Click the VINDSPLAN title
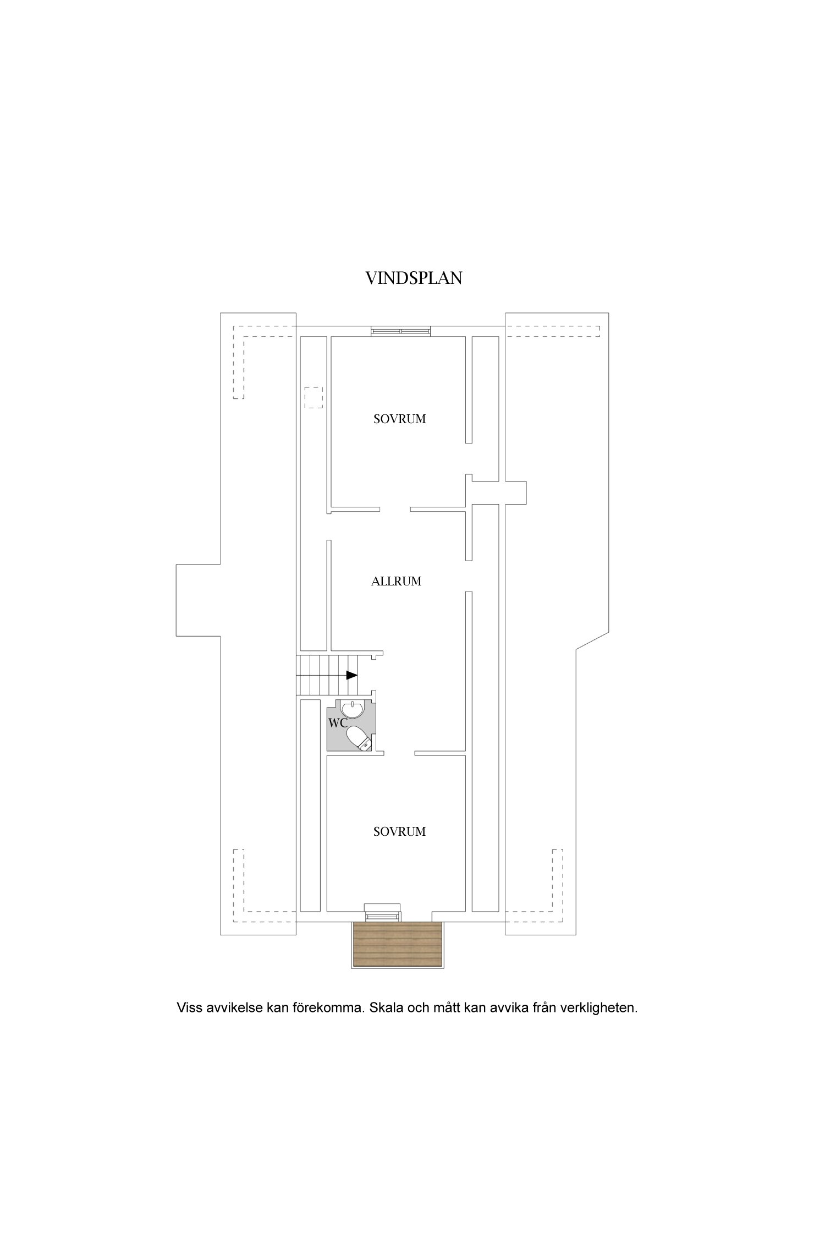[x=414, y=278]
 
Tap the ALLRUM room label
[x=396, y=582]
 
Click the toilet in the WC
[x=359, y=737]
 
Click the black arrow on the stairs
[x=351, y=675]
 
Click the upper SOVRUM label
[x=399, y=419]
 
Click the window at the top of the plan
[x=400, y=331]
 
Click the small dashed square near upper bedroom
[x=314, y=397]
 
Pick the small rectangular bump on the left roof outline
[x=198, y=600]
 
